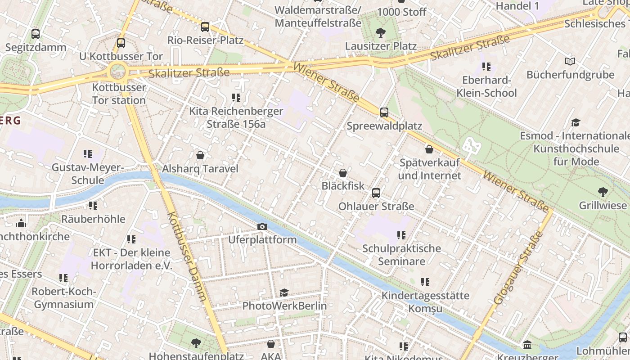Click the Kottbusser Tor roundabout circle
pyautogui.click(x=117, y=71)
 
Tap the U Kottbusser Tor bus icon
pyautogui.click(x=121, y=43)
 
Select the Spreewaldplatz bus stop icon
pyautogui.click(x=384, y=112)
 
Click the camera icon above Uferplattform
pyautogui.click(x=262, y=226)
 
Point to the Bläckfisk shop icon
pyautogui.click(x=343, y=173)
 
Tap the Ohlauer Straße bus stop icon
pyautogui.click(x=376, y=193)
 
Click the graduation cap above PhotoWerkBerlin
pyautogui.click(x=284, y=293)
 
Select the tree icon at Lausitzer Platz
pyautogui.click(x=380, y=32)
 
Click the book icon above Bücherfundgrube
pyautogui.click(x=570, y=61)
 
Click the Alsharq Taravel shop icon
pyautogui.click(x=200, y=155)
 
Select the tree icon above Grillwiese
pyautogui.click(x=603, y=192)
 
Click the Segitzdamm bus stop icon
pyautogui.click(x=35, y=34)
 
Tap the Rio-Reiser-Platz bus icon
pyautogui.click(x=205, y=27)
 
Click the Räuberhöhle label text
pyautogui.click(x=93, y=219)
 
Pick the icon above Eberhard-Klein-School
pyautogui.click(x=486, y=67)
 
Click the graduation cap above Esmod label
pyautogui.click(x=575, y=122)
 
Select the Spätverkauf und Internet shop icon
pyautogui.click(x=429, y=149)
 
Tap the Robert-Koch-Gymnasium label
pyautogui.click(x=64, y=298)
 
